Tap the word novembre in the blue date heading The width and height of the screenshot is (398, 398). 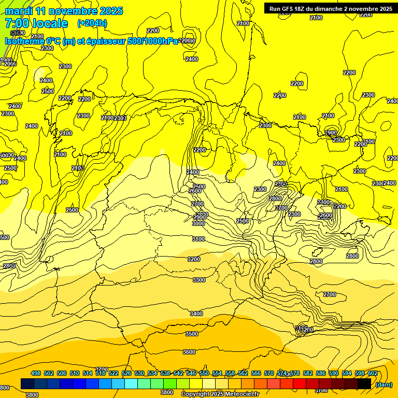(76, 11)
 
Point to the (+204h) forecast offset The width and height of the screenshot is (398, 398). (92, 23)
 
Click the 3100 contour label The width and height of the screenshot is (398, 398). (198, 239)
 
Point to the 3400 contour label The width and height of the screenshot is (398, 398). (196, 314)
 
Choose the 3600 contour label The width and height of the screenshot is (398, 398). (189, 352)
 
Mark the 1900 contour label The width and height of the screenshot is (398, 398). (330, 133)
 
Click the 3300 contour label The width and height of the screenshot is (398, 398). (198, 280)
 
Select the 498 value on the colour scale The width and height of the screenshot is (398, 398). (36, 374)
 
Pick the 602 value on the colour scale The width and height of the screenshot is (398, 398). (373, 374)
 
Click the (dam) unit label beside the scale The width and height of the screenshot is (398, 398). (383, 384)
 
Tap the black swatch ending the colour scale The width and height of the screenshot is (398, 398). (364, 383)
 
